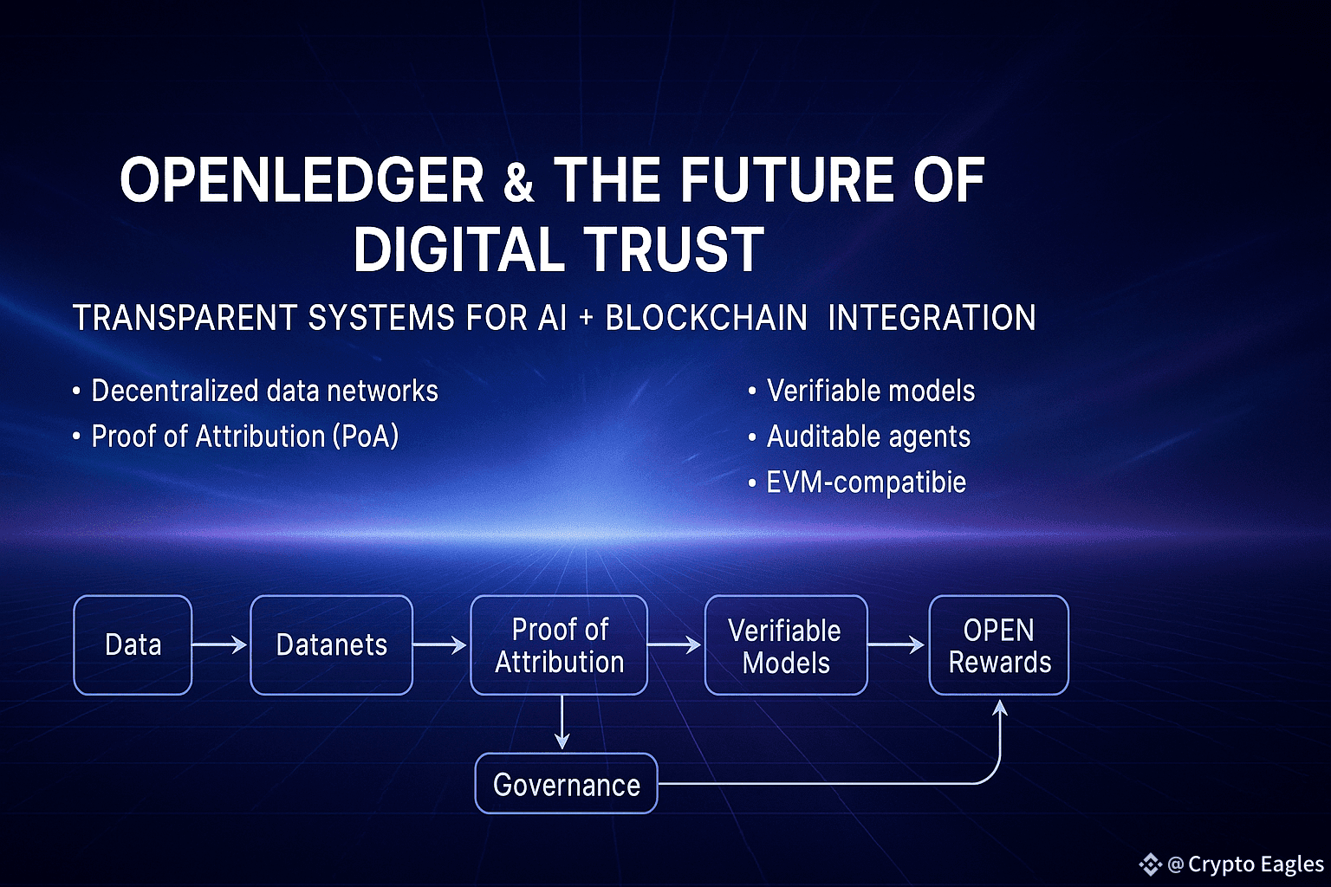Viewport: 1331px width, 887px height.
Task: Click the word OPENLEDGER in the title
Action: point(302,179)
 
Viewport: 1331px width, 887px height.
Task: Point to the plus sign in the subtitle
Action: point(586,317)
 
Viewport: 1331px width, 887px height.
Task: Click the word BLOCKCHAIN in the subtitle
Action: point(706,317)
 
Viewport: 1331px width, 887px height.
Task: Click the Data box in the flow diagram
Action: point(133,644)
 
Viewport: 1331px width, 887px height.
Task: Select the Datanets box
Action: point(332,644)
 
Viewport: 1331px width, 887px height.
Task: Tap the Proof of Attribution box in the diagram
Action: point(559,644)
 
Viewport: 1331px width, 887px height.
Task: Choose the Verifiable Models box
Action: point(786,644)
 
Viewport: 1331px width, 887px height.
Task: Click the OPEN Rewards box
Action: point(999,644)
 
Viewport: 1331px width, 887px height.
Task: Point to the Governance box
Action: point(566,784)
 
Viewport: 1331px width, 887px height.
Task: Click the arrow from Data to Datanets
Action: point(219,644)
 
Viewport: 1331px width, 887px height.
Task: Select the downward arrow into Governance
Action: point(562,722)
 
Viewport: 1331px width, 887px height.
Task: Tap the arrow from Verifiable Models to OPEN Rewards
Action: point(896,644)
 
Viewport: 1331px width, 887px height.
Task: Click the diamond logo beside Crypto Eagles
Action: point(1151,864)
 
